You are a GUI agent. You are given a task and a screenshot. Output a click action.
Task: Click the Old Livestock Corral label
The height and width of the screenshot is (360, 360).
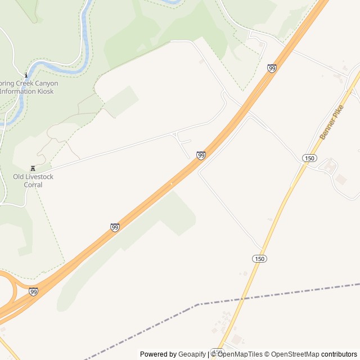[33, 181]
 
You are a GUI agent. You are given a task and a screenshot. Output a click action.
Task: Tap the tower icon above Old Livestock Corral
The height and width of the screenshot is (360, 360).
[33, 168]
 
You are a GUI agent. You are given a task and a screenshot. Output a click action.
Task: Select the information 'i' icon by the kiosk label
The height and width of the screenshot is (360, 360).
[26, 75]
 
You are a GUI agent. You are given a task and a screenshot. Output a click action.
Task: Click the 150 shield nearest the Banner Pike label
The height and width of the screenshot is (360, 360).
[309, 158]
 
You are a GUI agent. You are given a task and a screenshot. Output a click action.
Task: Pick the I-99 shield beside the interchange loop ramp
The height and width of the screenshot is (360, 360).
[34, 291]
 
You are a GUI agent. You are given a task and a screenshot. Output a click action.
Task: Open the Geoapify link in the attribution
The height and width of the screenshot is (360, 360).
[192, 354]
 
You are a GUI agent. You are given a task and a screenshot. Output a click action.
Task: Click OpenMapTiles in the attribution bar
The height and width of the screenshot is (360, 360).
[240, 354]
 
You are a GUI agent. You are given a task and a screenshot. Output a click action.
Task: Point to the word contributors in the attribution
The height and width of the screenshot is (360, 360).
[339, 354]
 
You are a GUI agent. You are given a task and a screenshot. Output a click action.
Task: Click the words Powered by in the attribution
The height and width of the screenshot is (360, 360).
[158, 354]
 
